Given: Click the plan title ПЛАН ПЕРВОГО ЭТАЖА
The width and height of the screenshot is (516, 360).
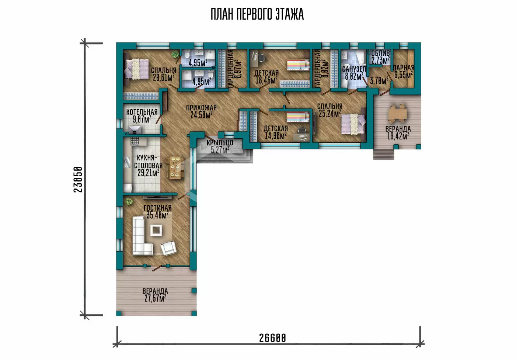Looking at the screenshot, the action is point(257,14).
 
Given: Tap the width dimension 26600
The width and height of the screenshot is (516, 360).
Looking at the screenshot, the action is point(272,338).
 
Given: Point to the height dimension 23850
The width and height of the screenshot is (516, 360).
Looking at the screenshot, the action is point(78,179).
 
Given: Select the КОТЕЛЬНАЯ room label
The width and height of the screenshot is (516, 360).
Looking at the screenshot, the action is point(142,112).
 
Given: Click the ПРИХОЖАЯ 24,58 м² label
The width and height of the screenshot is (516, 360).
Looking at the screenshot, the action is point(201,111).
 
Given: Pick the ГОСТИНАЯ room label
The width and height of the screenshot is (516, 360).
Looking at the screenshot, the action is point(158,208).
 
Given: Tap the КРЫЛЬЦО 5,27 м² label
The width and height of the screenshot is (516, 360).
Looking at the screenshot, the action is point(220,146).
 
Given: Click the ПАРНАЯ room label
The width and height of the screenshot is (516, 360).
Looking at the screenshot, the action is point(404,68).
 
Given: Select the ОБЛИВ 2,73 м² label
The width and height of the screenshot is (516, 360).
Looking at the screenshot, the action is point(380,57).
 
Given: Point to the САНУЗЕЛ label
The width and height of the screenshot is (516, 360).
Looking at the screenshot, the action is point(354,69).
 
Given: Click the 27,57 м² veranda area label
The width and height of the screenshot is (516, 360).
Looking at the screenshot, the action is point(155,298).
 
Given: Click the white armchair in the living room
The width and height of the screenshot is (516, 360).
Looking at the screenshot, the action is point(168,248).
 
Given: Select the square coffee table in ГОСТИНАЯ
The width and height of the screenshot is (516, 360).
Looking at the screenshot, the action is point(156,230).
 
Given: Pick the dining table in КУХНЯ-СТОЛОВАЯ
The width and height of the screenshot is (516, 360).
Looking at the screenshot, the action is point(175,167).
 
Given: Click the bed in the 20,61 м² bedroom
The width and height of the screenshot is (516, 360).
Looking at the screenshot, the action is point(136,69).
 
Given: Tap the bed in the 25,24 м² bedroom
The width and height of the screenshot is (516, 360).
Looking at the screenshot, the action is point(353,124).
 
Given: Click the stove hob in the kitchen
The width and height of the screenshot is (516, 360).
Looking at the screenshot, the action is point(135,141).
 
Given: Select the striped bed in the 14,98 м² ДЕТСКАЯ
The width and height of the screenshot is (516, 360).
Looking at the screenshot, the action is point(298,117).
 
